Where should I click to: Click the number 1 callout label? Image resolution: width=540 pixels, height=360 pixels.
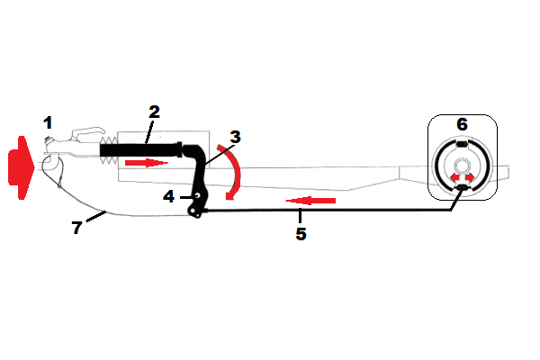pyautogui.click(x=49, y=121)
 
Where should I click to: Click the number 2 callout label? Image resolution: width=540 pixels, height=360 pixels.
pyautogui.click(x=154, y=112)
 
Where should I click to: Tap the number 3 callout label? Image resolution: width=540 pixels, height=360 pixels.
pyautogui.click(x=235, y=138)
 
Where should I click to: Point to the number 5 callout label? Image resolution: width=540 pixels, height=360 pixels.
pyautogui.click(x=301, y=234)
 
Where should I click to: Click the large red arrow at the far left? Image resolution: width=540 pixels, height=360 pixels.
pyautogui.click(x=19, y=167)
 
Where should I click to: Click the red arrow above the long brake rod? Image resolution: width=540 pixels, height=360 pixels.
pyautogui.click(x=310, y=200)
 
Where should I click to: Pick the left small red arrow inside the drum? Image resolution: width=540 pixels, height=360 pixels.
pyautogui.click(x=454, y=179)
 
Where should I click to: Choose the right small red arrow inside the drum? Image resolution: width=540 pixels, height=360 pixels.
pyautogui.click(x=470, y=179)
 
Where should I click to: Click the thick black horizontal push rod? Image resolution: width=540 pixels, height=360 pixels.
pyautogui.click(x=148, y=148)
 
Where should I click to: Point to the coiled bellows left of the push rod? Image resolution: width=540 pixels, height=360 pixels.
pyautogui.click(x=107, y=155)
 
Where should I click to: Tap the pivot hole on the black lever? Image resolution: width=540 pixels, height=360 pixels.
pyautogui.click(x=196, y=193)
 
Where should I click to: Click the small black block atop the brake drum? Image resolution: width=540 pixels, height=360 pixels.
pyautogui.click(x=462, y=144)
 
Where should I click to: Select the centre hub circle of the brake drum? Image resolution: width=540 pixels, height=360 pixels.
pyautogui.click(x=462, y=166)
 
